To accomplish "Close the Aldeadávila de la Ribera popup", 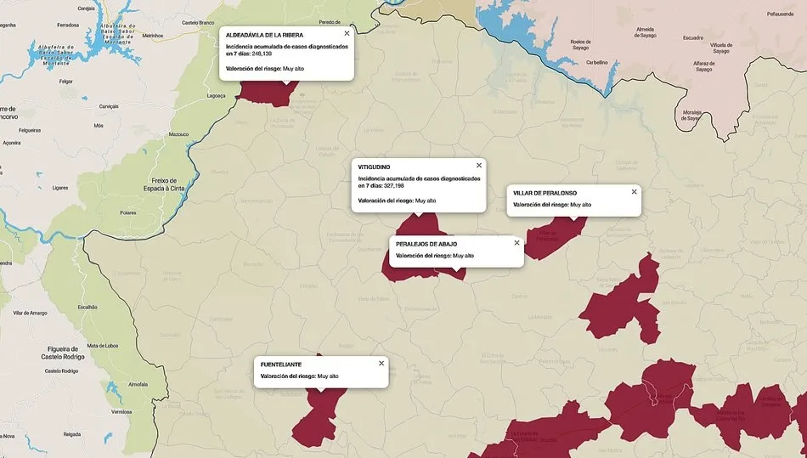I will coord(347,33).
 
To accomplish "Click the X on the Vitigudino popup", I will coord(479,166).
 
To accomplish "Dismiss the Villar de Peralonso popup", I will coord(634,192).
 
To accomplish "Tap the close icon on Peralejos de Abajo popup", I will coord(516,243).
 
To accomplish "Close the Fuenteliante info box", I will coord(381,363).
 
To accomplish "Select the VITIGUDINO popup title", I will coord(375,167).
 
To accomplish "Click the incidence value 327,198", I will coord(399,185).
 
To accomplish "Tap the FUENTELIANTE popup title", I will coord(280,364).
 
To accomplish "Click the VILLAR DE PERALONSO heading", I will coord(545,193).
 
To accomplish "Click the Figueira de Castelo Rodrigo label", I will coord(61,353).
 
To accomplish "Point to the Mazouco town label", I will coord(178,134).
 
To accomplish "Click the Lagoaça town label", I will coord(217,96).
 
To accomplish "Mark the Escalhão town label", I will coord(88,307).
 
